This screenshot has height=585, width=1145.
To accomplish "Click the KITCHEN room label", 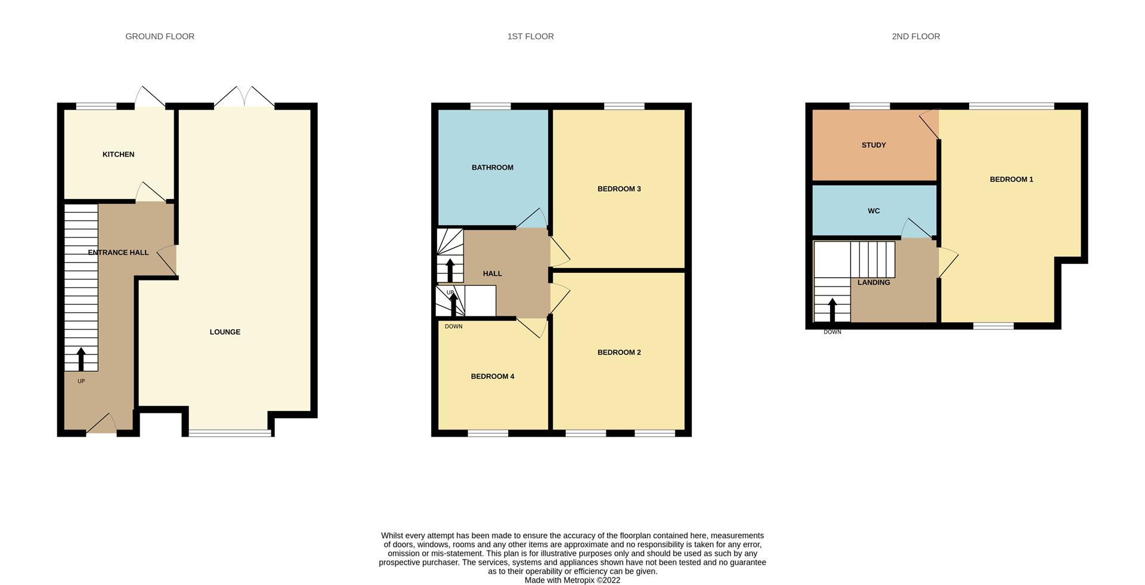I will [118, 154].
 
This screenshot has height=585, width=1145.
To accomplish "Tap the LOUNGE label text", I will [225, 332].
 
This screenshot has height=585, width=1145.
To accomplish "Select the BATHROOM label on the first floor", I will [492, 167].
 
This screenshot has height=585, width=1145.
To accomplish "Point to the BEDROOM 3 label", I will [619, 189].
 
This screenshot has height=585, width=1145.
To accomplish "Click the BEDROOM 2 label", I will [619, 352].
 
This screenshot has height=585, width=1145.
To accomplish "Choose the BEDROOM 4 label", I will [492, 376].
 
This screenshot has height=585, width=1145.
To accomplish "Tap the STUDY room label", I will [873, 145].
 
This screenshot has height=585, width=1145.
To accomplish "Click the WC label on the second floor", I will [873, 211].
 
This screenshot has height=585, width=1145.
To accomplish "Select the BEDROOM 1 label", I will [1011, 179].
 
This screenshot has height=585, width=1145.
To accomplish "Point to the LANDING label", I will [873, 282].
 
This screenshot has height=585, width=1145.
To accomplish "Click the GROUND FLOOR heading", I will [160, 36].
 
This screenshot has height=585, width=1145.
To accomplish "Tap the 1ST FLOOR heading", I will [530, 36].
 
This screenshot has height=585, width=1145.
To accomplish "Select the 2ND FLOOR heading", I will [915, 36].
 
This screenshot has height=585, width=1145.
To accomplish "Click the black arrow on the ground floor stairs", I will [81, 359].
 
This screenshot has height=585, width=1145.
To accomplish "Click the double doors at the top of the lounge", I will [245, 98].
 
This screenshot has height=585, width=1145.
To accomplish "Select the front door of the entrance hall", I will [102, 424].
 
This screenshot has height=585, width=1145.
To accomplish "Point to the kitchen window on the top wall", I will [96, 107].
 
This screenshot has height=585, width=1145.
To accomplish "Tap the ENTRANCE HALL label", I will [118, 253].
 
